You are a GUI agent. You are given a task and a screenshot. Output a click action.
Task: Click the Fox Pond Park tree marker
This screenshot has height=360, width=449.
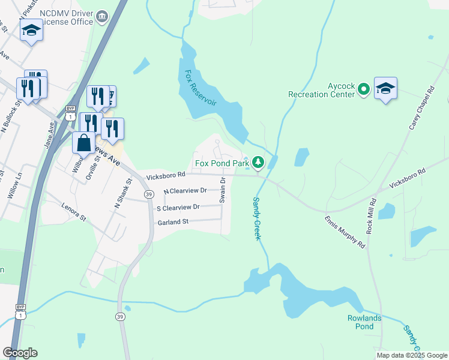258,163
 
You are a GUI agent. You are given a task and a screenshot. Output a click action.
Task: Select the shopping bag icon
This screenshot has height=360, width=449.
83,143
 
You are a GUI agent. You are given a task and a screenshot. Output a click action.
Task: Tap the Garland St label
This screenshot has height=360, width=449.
173,222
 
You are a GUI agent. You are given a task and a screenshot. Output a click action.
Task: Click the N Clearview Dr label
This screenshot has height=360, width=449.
185,191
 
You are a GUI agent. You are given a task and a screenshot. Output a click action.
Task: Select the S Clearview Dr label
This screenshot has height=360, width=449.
178,208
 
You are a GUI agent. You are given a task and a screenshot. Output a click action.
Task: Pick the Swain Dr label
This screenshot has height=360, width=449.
222,190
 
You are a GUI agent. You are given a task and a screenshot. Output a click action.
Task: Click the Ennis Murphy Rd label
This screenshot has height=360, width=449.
345,233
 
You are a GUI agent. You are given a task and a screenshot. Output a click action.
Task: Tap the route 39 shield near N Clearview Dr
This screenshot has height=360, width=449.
148,194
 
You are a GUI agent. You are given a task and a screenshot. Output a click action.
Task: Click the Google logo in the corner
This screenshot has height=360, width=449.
20,353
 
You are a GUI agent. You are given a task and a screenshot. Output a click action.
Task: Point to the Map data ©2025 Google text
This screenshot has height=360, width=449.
412,355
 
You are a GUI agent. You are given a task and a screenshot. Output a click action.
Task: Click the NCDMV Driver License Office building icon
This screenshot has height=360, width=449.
102,15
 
